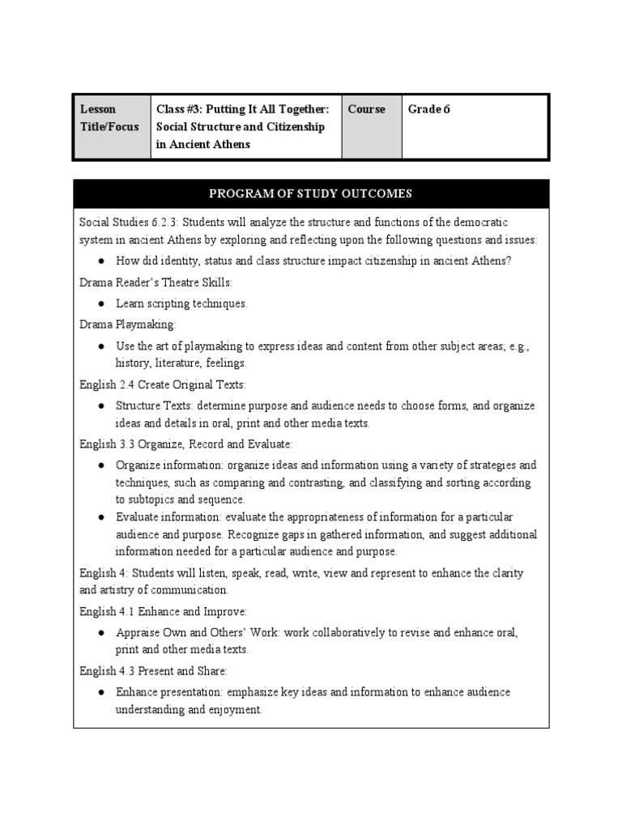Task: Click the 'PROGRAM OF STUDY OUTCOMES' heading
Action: click(311, 193)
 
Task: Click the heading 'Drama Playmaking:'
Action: click(127, 324)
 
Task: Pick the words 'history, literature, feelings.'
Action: click(181, 363)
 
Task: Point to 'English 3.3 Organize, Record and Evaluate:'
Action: click(185, 444)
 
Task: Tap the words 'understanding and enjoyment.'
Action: click(189, 710)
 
